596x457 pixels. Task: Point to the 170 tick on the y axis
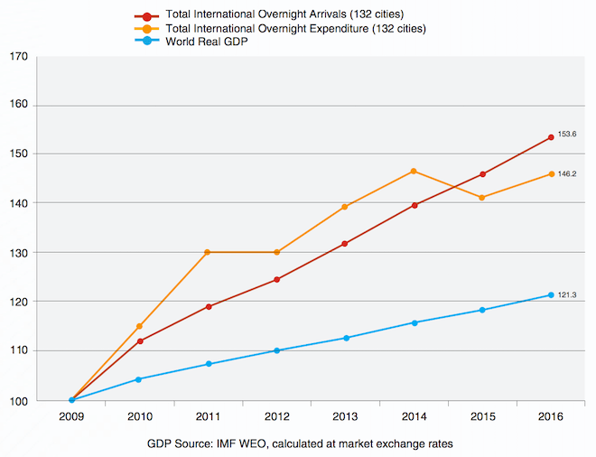[20, 56]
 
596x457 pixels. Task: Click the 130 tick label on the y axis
[20, 252]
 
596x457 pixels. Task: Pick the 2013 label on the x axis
[344, 416]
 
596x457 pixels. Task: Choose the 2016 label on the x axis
[550, 416]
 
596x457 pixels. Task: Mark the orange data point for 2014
[413, 171]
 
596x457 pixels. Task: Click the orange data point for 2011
[208, 252]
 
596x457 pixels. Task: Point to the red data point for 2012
[276, 279]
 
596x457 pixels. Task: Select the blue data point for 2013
[345, 338]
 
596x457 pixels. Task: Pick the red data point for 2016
[550, 137]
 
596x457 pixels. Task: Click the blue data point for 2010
[139, 379]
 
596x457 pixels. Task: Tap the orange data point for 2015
[481, 197]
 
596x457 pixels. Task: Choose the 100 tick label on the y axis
[20, 399]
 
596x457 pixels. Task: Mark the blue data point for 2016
[550, 294]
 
